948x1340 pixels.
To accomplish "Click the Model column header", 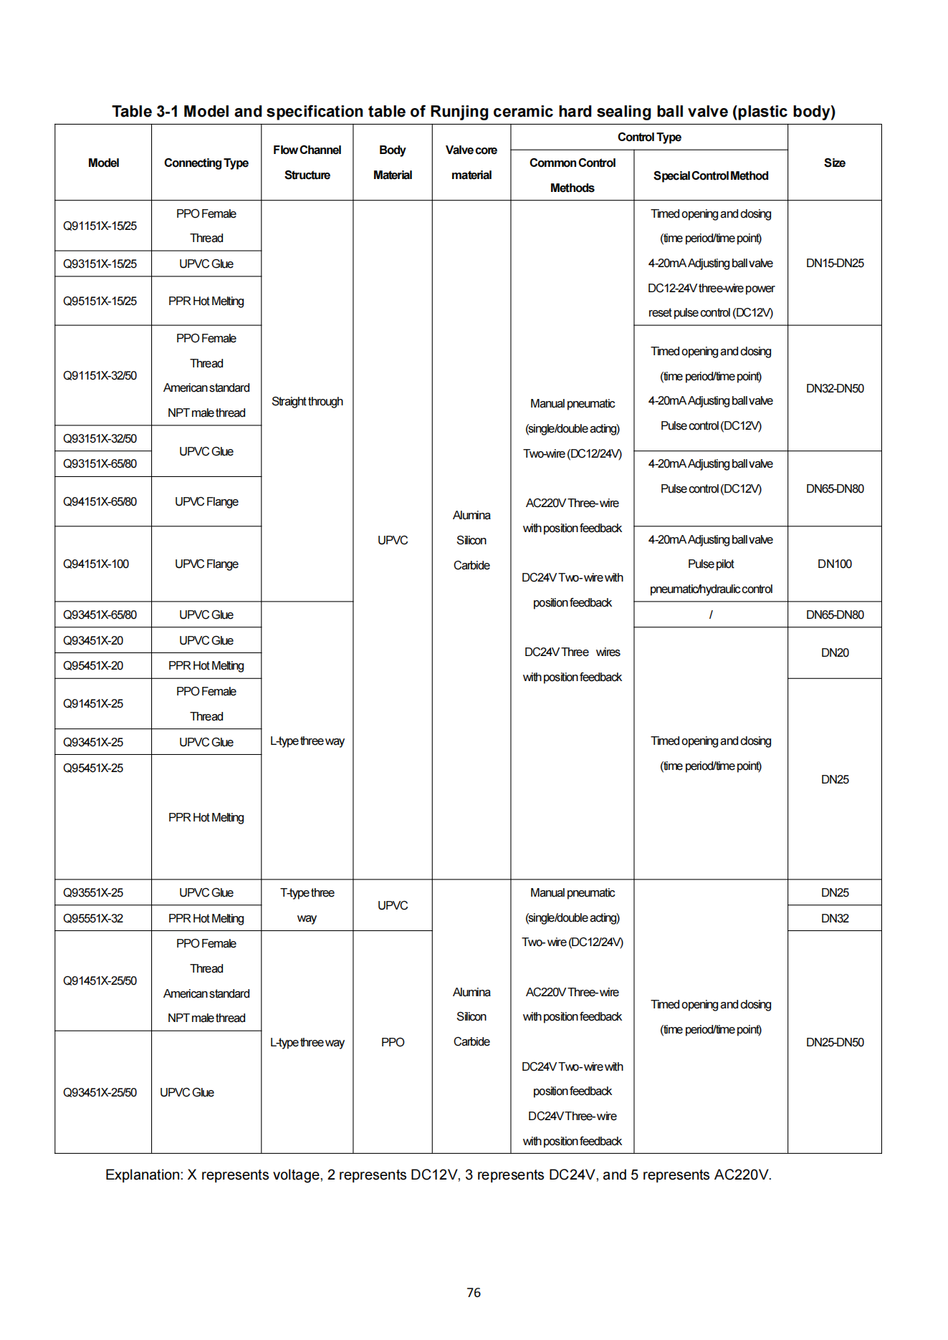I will [x=103, y=163].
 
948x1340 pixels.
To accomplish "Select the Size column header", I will [x=834, y=163].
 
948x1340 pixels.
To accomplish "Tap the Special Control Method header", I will [x=710, y=175].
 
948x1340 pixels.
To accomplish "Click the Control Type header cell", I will [x=648, y=137].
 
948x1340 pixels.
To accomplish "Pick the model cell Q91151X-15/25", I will [x=100, y=226].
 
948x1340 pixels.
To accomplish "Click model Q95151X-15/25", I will [x=100, y=301].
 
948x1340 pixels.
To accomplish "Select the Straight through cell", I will [x=307, y=401].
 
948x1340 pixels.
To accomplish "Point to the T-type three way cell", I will [x=307, y=905].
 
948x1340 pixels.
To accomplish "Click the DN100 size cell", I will [x=834, y=564].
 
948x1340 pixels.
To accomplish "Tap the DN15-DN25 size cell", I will [x=834, y=263].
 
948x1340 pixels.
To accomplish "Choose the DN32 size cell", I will [x=834, y=918].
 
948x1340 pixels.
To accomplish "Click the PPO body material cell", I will [x=393, y=1042].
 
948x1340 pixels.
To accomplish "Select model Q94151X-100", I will [x=96, y=564].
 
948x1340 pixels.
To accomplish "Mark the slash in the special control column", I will [x=710, y=614].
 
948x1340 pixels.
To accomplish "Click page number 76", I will [x=474, y=1293].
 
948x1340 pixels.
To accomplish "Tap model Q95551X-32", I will [x=93, y=918].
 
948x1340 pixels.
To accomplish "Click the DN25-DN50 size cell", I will [x=834, y=1042].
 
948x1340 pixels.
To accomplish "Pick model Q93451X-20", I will [x=93, y=640].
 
